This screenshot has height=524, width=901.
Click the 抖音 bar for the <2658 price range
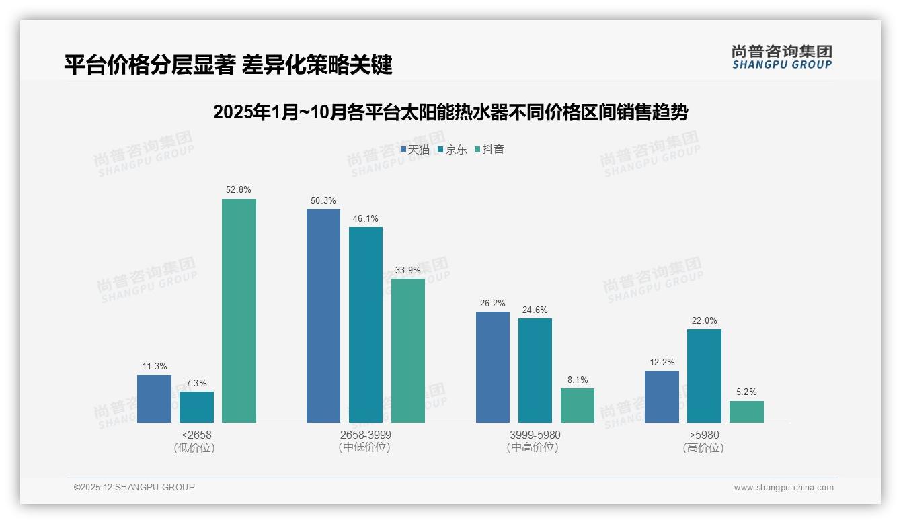tap(239, 310)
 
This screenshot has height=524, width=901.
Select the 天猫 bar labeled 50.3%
tap(323, 316)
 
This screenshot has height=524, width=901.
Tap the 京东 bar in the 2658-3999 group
tap(366, 324)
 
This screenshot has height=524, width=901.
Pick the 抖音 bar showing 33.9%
tap(408, 350)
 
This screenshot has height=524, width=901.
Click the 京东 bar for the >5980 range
tap(704, 376)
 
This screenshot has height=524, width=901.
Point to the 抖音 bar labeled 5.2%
tap(746, 412)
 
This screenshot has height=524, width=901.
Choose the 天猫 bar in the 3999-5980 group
tap(493, 367)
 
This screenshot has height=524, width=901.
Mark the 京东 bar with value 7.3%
tap(196, 407)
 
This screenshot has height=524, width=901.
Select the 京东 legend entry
tap(453, 149)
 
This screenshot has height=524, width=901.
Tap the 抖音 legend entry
tap(489, 149)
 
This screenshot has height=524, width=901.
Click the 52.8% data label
tap(239, 190)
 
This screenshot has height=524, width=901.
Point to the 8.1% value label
tap(578, 380)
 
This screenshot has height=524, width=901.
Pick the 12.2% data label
tap(662, 362)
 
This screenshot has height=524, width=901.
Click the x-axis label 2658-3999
tap(365, 435)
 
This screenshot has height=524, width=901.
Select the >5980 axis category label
tap(703, 435)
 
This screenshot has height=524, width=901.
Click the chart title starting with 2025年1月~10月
tap(450, 112)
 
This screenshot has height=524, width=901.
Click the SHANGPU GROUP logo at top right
tap(782, 57)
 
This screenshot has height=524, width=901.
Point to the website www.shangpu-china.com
tap(783, 488)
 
